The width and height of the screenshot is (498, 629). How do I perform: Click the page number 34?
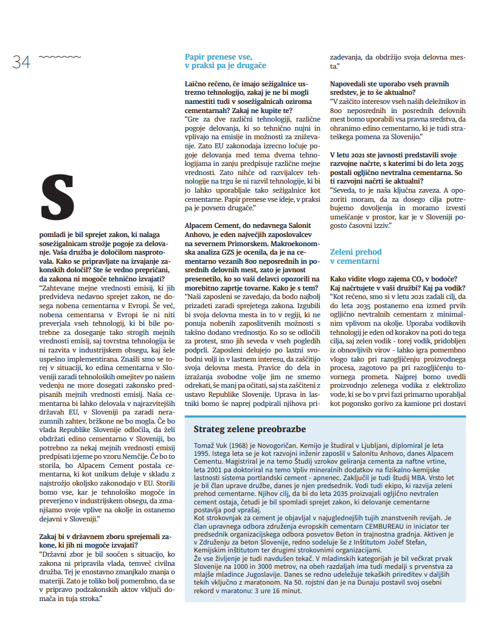coord(21,61)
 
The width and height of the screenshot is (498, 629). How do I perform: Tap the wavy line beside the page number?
coord(51,57)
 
